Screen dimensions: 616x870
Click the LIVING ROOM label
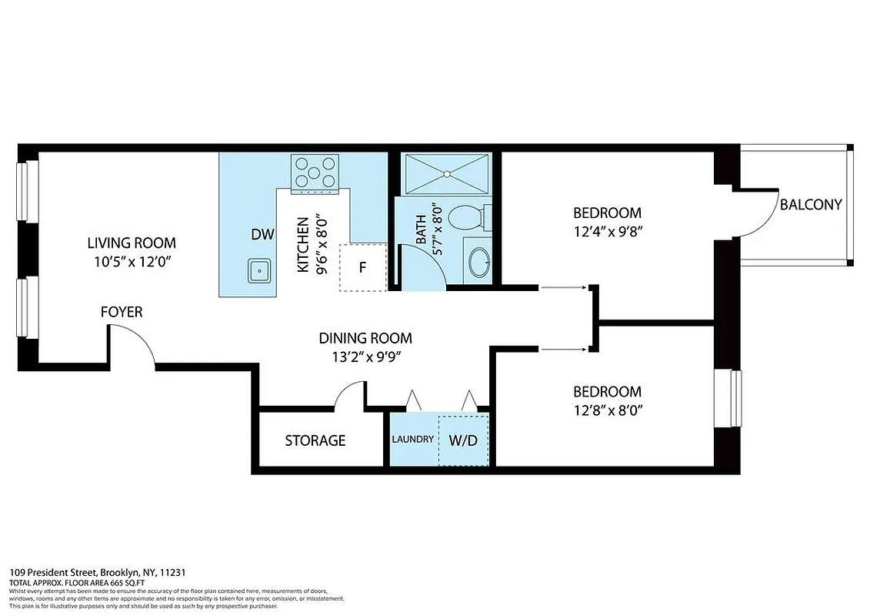click(131, 243)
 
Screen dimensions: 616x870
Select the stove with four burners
click(315, 172)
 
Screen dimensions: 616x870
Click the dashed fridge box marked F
click(362, 268)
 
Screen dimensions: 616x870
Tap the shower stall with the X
click(447, 173)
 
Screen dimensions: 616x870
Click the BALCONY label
click(811, 205)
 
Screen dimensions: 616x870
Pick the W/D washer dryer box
click(462, 440)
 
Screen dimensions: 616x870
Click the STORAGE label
click(315, 440)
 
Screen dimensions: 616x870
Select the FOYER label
click(122, 312)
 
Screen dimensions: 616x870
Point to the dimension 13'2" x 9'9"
click(365, 357)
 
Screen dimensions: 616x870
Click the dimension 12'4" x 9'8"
click(607, 231)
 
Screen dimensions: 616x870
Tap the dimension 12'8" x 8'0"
click(607, 410)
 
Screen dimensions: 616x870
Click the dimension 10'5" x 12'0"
click(131, 262)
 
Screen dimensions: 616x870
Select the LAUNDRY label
click(413, 440)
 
